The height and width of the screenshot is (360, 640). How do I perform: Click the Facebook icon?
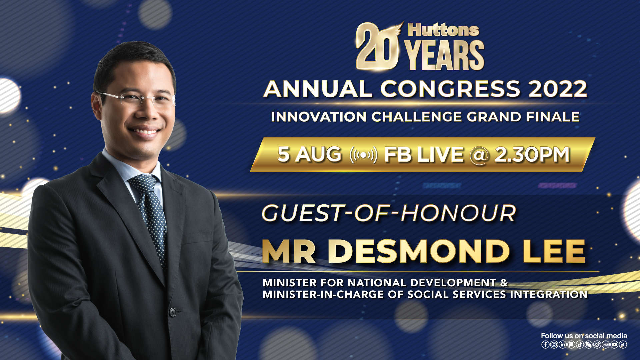point(545,345)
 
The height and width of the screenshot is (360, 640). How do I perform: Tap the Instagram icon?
point(554,345)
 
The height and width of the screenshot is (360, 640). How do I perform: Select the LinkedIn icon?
point(563,345)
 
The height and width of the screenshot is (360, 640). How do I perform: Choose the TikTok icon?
point(580,345)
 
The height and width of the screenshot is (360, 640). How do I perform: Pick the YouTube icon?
point(614,345)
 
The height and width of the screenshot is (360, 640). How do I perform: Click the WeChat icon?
point(588,345)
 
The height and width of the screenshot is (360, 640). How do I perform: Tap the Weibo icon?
point(597,345)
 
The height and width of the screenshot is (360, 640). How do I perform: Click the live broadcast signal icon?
point(363,155)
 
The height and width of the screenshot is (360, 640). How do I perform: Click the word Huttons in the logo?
point(443,30)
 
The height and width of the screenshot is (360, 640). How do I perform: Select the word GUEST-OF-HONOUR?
point(389,213)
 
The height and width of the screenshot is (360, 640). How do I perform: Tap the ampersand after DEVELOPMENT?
point(504,283)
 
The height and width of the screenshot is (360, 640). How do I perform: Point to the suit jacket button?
point(173,312)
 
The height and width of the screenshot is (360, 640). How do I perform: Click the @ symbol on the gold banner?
point(479,155)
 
